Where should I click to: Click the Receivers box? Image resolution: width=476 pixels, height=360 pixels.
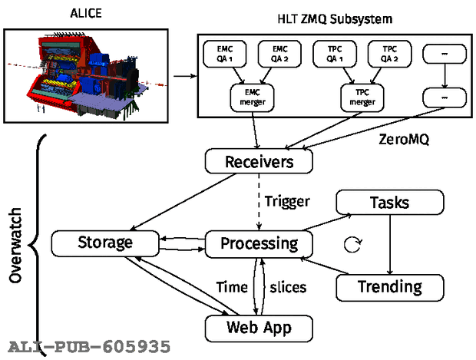point(259,161)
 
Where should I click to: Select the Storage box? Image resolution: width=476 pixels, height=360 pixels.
point(105,243)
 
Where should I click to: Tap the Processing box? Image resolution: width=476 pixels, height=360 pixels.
point(259,244)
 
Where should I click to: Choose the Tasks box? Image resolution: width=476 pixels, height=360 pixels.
point(390,203)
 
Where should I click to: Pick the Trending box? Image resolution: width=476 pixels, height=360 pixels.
point(390,287)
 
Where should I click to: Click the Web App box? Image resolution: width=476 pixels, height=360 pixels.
point(259,329)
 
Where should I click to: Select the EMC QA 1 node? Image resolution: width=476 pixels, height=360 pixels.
point(225,54)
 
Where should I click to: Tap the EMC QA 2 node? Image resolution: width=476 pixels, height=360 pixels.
point(279,54)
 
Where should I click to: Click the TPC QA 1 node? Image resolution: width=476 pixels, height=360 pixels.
point(335,54)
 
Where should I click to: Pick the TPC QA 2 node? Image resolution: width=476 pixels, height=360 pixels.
point(390,54)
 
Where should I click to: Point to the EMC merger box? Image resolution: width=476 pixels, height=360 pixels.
point(253,97)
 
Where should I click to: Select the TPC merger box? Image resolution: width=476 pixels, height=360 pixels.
point(362,97)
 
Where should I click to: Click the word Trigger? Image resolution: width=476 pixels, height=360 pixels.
point(287,201)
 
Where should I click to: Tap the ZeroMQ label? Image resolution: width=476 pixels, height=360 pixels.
point(404,140)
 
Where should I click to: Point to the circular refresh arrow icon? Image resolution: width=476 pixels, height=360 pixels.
point(353,245)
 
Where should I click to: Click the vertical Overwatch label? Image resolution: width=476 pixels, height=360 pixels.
point(15,246)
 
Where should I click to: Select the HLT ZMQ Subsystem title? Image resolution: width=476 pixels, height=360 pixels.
point(335,19)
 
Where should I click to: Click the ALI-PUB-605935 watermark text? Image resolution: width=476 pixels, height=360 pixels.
point(89,347)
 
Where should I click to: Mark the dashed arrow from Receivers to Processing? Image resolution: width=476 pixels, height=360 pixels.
point(259,202)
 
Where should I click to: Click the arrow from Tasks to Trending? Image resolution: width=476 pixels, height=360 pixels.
point(390,245)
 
